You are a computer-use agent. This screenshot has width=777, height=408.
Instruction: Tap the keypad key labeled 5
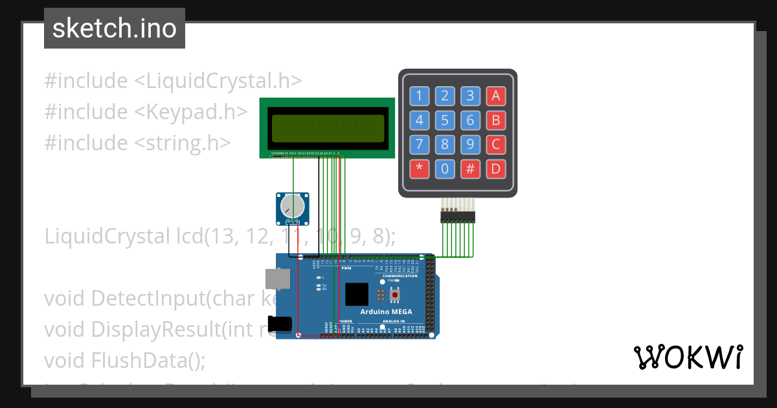pyautogui.click(x=445, y=120)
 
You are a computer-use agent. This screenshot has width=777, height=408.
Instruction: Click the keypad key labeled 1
pyautogui.click(x=419, y=96)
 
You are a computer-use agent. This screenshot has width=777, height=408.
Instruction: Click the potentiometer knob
pyautogui.click(x=292, y=206)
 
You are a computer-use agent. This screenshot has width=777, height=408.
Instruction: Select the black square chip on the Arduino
pyautogui.click(x=357, y=295)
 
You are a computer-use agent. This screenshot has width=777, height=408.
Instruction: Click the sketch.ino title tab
pyautogui.click(x=115, y=28)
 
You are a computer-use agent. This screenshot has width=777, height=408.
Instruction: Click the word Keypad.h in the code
pyautogui.click(x=201, y=112)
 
